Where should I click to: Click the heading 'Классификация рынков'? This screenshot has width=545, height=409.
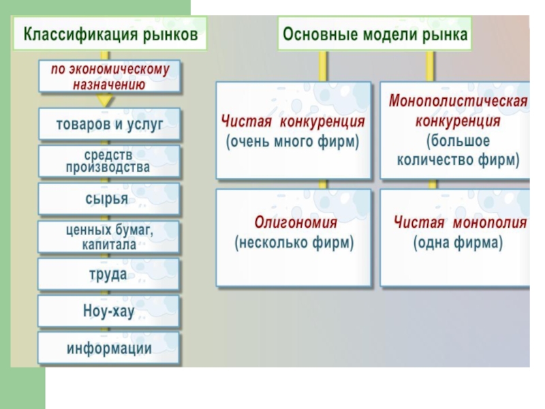[112, 34]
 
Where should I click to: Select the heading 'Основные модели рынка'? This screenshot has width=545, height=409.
[375, 34]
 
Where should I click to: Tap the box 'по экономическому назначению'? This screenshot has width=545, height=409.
[109, 76]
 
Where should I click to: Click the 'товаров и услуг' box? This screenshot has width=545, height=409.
[109, 125]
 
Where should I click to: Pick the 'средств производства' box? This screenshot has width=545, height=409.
[109, 162]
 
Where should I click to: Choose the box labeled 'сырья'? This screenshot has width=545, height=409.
[109, 198]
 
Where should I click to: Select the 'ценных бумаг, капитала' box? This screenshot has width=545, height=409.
[109, 237]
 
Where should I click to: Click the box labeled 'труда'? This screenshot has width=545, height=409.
[109, 274]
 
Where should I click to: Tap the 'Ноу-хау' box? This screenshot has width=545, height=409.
[109, 312]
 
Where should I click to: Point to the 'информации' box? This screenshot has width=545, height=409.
[109, 348]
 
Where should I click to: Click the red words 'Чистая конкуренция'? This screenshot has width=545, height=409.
[293, 121]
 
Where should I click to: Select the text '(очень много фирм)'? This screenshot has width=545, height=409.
[293, 142]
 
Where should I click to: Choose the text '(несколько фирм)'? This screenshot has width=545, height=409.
[294, 242]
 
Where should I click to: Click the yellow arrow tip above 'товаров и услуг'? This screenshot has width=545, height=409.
[104, 101]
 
